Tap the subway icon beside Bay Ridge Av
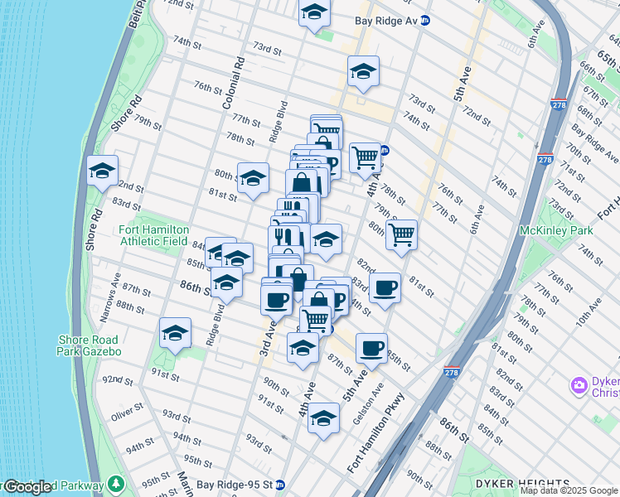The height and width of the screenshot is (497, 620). point(425,19)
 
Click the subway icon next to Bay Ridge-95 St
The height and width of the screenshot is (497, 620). point(280,485)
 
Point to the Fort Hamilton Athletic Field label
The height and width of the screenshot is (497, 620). point(154,235)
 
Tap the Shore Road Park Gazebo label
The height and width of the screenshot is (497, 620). point(90,345)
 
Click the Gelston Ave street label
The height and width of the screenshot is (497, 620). point(369,404)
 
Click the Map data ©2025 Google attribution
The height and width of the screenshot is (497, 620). point(569,490)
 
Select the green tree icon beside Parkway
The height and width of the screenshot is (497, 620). point(117,484)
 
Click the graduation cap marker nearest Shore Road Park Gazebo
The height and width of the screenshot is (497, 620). point(175,334)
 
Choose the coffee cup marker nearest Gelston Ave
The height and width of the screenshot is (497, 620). point(371,347)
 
